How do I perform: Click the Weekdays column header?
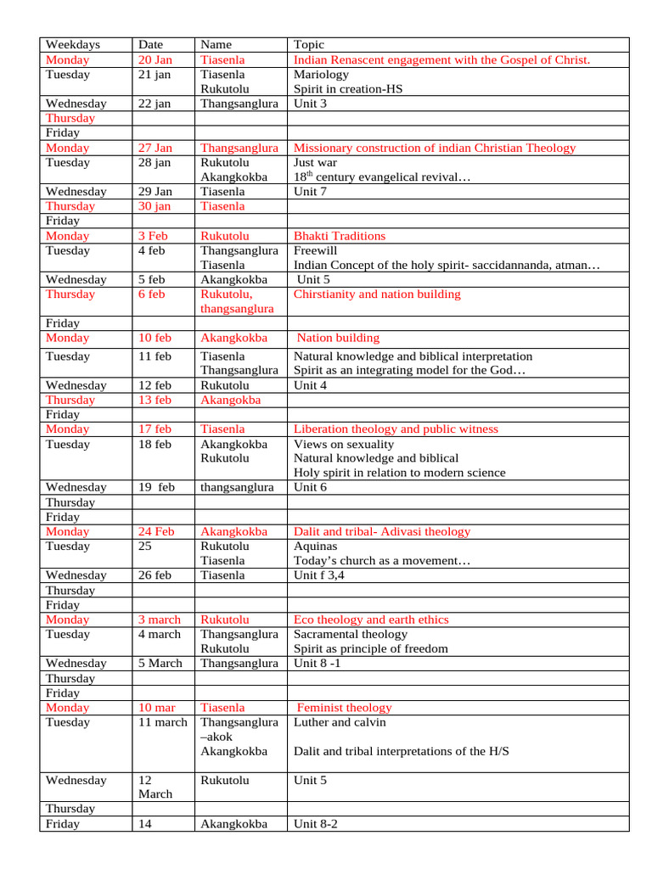[73, 45]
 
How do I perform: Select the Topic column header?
[309, 45]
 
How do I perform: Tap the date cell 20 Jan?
[155, 60]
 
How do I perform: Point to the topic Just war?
[314, 162]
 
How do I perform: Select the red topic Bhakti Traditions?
[339, 236]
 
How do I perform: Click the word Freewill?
[317, 250]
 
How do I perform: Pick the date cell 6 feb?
[152, 294]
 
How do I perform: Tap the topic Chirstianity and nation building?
[377, 294]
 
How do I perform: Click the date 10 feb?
[155, 338]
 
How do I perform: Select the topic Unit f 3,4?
[319, 575]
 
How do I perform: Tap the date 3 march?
[160, 620]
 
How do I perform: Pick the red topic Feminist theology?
[344, 708]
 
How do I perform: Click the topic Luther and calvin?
[340, 722]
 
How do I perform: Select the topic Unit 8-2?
[316, 824]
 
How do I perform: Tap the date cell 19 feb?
[156, 487]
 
